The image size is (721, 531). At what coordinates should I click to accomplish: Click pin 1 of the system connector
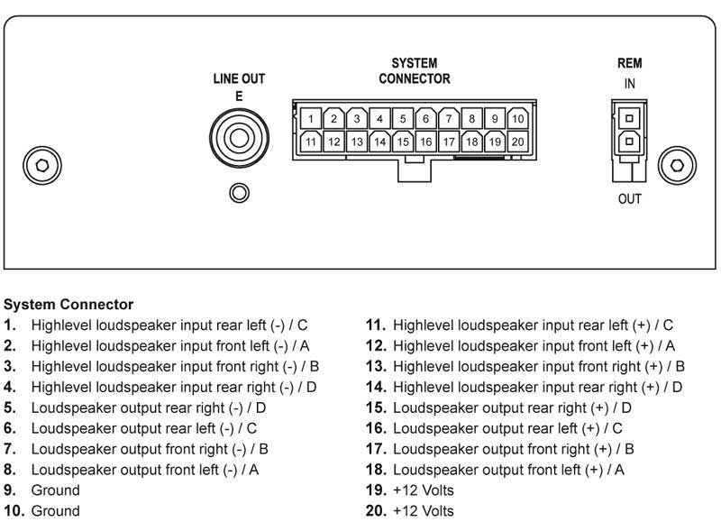(x=310, y=118)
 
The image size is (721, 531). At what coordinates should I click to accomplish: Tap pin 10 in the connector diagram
(x=518, y=118)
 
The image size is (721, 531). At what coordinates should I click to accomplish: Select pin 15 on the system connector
(x=403, y=142)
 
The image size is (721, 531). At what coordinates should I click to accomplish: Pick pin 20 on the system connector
(x=518, y=142)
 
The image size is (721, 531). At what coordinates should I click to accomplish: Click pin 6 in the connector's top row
(x=425, y=118)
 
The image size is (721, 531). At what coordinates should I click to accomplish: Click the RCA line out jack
(x=239, y=139)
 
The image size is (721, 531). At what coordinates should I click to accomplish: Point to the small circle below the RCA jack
(x=239, y=192)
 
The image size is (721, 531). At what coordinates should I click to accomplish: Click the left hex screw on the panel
(x=40, y=165)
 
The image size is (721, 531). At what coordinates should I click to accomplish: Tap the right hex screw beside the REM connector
(x=677, y=165)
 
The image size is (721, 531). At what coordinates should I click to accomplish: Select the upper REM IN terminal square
(x=629, y=116)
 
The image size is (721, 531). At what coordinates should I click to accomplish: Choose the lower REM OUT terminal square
(x=629, y=140)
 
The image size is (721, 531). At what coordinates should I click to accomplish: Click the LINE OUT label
(x=239, y=79)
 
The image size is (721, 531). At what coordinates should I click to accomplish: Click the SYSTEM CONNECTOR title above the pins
(x=414, y=71)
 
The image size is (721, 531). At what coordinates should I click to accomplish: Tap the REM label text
(x=629, y=64)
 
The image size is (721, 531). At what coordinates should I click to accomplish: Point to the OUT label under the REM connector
(x=629, y=198)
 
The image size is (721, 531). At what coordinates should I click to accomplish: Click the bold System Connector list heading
(x=68, y=305)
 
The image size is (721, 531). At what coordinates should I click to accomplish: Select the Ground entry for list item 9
(x=55, y=490)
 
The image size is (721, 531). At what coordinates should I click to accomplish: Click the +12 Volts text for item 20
(x=424, y=511)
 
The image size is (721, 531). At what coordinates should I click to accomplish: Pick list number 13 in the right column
(x=376, y=366)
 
